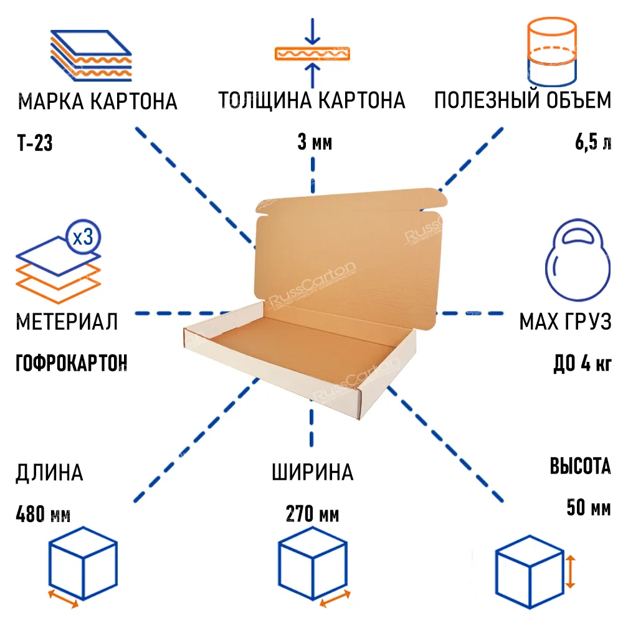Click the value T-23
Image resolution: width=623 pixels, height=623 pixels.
(x=35, y=144)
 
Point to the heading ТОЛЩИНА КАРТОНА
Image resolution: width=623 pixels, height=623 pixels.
(x=311, y=100)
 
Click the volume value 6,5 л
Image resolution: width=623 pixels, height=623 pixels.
(x=592, y=144)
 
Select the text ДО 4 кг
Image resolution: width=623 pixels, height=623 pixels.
(x=582, y=363)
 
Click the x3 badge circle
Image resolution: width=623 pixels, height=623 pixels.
(x=83, y=237)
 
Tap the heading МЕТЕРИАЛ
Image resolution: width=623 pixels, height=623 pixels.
(x=67, y=322)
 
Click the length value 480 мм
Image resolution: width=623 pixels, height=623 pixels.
(x=43, y=515)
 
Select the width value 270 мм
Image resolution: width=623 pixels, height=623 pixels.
(x=313, y=515)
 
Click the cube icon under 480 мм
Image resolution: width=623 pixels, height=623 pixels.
(x=83, y=564)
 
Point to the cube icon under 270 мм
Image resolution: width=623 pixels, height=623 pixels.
(x=311, y=564)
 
